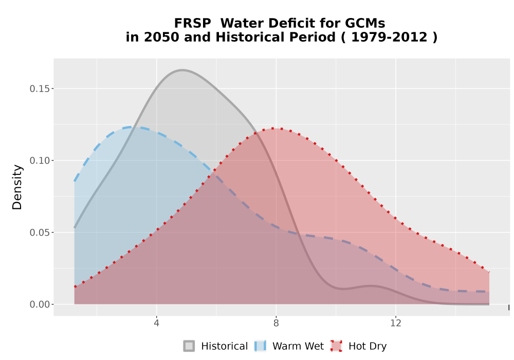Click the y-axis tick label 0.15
click(40, 89)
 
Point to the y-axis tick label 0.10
click(40, 160)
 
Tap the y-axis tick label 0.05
click(40, 232)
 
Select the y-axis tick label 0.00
click(40, 304)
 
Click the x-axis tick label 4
click(157, 323)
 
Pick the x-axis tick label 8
click(276, 323)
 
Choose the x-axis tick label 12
click(396, 323)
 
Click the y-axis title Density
click(17, 187)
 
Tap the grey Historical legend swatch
click(189, 346)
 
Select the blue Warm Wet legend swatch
click(260, 346)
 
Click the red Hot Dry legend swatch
click(336, 346)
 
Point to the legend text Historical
click(225, 346)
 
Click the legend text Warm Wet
click(298, 346)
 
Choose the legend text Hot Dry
click(368, 346)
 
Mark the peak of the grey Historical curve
click(182, 70)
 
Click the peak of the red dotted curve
click(273, 128)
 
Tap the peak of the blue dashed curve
click(130, 127)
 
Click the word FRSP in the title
click(192, 23)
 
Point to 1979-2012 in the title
click(389, 37)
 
